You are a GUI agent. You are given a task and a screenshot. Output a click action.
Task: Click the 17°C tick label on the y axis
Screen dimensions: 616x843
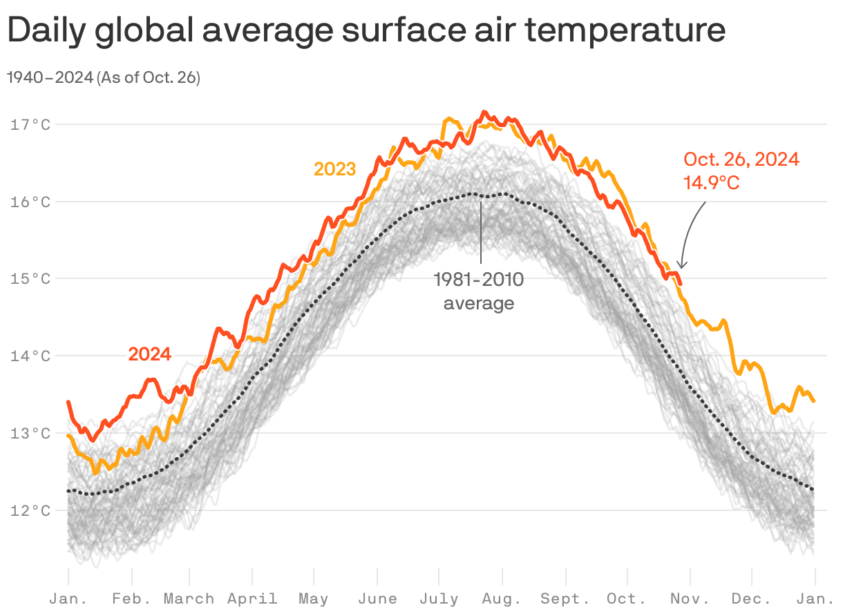coord(30,125)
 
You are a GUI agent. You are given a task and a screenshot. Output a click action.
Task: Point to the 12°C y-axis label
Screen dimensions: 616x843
coord(30,511)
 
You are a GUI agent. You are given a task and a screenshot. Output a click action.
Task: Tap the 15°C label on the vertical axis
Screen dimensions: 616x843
coord(30,279)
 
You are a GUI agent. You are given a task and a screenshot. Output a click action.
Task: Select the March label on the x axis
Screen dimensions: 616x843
coord(189,599)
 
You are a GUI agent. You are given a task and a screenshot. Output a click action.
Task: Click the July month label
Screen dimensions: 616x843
coord(439,599)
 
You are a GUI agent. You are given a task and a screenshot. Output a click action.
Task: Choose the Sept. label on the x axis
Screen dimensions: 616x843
coord(565,599)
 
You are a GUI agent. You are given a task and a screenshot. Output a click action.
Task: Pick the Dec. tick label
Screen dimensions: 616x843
coord(751,599)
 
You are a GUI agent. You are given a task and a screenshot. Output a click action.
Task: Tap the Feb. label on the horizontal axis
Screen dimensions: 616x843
coord(131,599)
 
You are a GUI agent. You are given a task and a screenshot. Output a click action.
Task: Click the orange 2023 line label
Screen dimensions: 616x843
coord(334,169)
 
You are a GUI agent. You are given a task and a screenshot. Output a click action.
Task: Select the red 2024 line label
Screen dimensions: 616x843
coord(149,354)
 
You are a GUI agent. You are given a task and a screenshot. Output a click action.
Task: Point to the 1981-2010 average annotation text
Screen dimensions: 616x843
coord(478,291)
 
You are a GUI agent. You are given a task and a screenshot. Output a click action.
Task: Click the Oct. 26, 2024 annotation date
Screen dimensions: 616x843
coord(741,160)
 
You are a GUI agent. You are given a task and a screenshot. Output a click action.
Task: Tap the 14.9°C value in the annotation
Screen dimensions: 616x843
coord(712,183)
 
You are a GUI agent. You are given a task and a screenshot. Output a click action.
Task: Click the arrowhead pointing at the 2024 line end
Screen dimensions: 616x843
coord(682,265)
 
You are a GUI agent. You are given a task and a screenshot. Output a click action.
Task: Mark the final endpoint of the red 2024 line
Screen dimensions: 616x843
coord(681,283)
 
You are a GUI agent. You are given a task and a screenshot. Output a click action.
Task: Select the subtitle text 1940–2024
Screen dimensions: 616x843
coord(50,78)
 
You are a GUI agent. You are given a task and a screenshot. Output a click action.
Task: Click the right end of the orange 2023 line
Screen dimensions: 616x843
coord(814,401)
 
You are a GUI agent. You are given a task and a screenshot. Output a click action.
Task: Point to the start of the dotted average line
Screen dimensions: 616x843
coord(68,490)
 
